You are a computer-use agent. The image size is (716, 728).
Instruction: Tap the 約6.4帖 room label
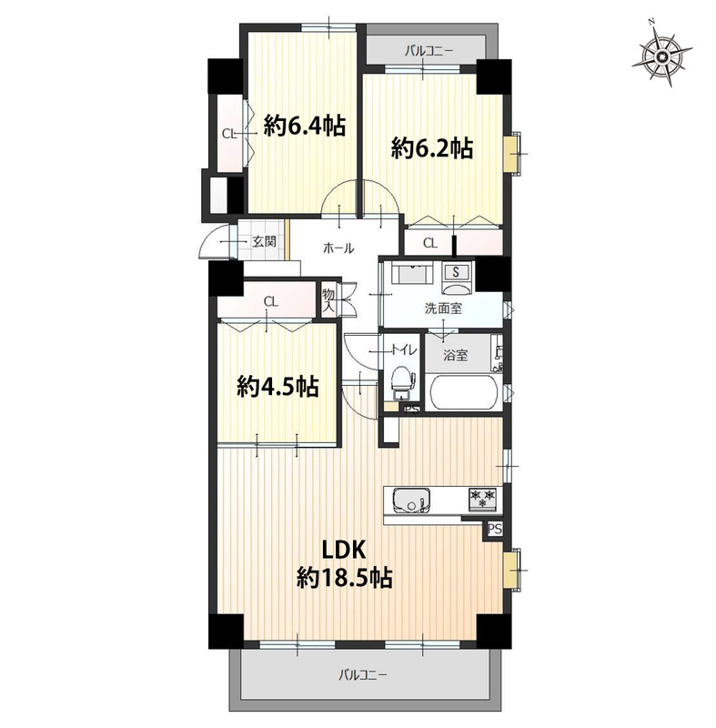pos(305,126)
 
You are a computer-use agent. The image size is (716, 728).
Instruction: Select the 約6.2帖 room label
pos(432,147)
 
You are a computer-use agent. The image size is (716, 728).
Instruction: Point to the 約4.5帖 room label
pos(278,386)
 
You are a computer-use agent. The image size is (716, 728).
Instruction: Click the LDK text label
pos(345,551)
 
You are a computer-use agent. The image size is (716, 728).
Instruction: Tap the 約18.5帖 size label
pos(345,578)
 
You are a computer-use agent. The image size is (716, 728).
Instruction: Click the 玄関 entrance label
pos(265,241)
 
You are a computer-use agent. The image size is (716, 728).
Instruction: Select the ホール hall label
pos(338,248)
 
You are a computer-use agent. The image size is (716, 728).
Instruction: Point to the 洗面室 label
pos(443,308)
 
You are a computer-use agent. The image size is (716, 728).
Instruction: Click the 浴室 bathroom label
pos(455,356)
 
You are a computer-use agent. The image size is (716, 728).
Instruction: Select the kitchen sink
pos(411,500)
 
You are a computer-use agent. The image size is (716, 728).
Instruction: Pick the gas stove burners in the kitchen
pos(482,499)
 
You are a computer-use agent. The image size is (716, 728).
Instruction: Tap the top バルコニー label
pos(428,50)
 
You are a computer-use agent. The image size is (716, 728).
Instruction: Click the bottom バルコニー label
pos(362,674)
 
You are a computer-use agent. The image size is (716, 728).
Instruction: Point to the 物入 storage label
pos(328,300)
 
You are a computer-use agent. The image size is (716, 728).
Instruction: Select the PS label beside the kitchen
pos(495,530)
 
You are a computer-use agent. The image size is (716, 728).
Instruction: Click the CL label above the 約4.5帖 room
pos(271,302)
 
